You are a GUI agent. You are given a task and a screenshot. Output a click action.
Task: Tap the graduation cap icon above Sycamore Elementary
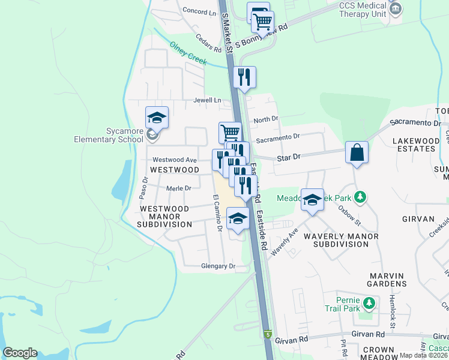pyautogui.click(x=157, y=118)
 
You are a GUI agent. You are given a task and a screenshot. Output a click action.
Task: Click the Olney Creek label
pyautogui.click(x=188, y=53)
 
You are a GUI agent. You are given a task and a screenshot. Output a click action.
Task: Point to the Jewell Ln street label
pyautogui.click(x=207, y=100)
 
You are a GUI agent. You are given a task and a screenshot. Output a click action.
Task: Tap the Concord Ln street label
pyautogui.click(x=199, y=11)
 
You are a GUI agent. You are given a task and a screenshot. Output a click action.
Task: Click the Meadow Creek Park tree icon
pyautogui.click(x=360, y=196)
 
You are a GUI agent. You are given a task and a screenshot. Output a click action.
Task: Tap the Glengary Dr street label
pyautogui.click(x=217, y=266)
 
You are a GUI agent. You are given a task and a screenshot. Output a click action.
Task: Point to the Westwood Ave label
pyautogui.click(x=174, y=160)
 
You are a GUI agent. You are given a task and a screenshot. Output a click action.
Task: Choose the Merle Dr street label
pyautogui.click(x=178, y=188)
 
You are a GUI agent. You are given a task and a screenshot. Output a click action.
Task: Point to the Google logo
pyautogui.click(x=20, y=353)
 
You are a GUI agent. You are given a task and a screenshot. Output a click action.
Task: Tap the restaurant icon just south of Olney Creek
pyautogui.click(x=244, y=77)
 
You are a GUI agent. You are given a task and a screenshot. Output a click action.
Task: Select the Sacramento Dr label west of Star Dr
pyautogui.click(x=277, y=137)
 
